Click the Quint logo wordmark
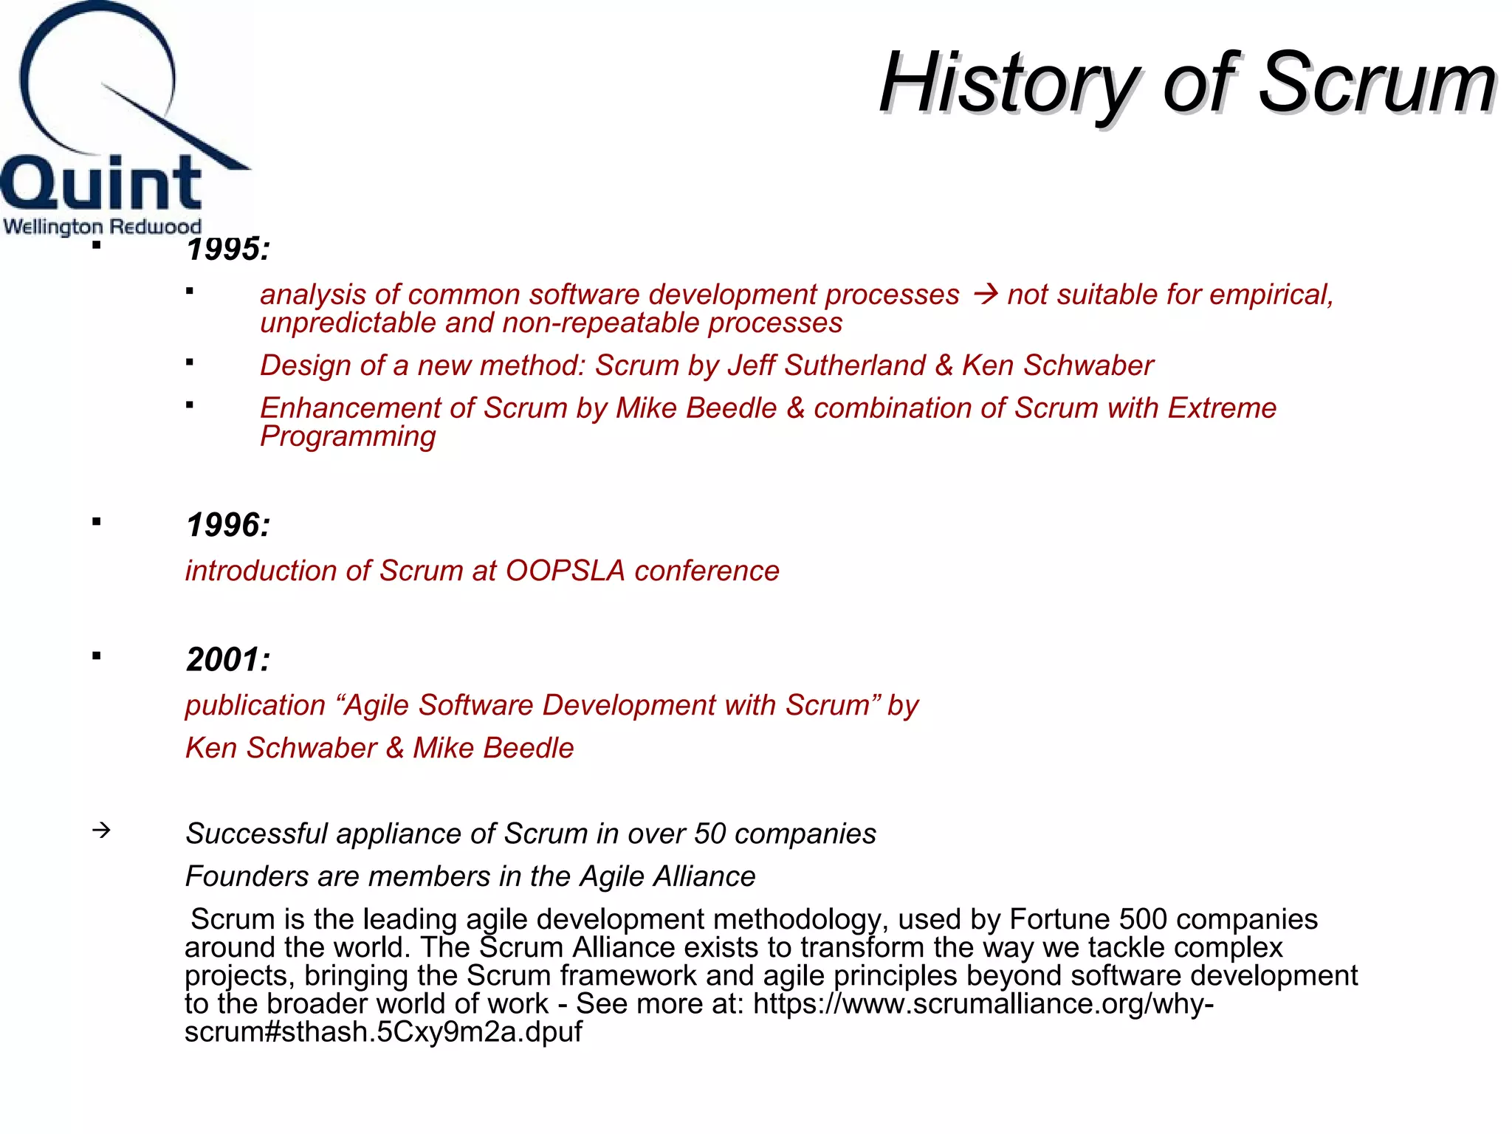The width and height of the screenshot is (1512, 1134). pyautogui.click(x=101, y=183)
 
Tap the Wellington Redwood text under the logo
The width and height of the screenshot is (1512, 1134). pyautogui.click(x=102, y=226)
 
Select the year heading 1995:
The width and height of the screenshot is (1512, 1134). pyautogui.click(x=228, y=249)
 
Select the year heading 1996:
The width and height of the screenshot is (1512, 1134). pyautogui.click(x=228, y=526)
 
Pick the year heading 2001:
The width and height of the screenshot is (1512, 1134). pyautogui.click(x=228, y=660)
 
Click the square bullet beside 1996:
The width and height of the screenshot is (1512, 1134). pyautogui.click(x=97, y=522)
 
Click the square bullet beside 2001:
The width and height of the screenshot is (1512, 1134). pyautogui.click(x=97, y=656)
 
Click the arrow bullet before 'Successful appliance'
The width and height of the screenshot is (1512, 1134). pyautogui.click(x=101, y=831)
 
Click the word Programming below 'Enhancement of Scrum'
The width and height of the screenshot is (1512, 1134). pyautogui.click(x=348, y=437)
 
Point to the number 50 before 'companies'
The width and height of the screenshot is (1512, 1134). pyautogui.click(x=710, y=834)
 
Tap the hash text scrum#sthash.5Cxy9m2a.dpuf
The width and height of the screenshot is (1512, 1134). pyautogui.click(x=383, y=1031)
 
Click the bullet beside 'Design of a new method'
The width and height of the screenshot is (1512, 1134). pyautogui.click(x=190, y=362)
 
